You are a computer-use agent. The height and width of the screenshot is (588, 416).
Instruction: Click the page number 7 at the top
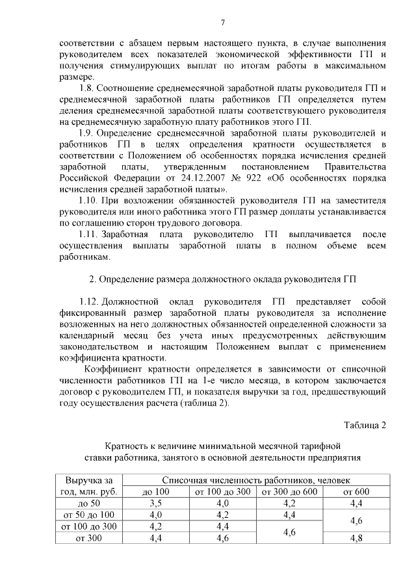(x=222, y=23)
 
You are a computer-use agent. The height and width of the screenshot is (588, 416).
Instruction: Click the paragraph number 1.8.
(x=87, y=88)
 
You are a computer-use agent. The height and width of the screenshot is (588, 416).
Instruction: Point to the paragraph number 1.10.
(x=89, y=199)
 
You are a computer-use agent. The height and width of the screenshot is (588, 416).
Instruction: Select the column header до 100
(x=155, y=491)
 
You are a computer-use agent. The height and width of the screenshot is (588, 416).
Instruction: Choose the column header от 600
(x=356, y=491)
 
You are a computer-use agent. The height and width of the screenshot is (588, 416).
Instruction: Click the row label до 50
(x=89, y=503)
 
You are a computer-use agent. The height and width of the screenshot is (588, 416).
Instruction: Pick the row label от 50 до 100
(x=89, y=515)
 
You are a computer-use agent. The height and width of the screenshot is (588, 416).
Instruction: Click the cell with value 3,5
(x=155, y=503)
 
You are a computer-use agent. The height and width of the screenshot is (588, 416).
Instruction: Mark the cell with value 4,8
(x=356, y=538)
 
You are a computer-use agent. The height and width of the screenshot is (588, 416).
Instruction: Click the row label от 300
(x=89, y=538)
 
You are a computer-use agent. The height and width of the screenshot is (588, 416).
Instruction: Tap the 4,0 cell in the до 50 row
(x=222, y=503)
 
